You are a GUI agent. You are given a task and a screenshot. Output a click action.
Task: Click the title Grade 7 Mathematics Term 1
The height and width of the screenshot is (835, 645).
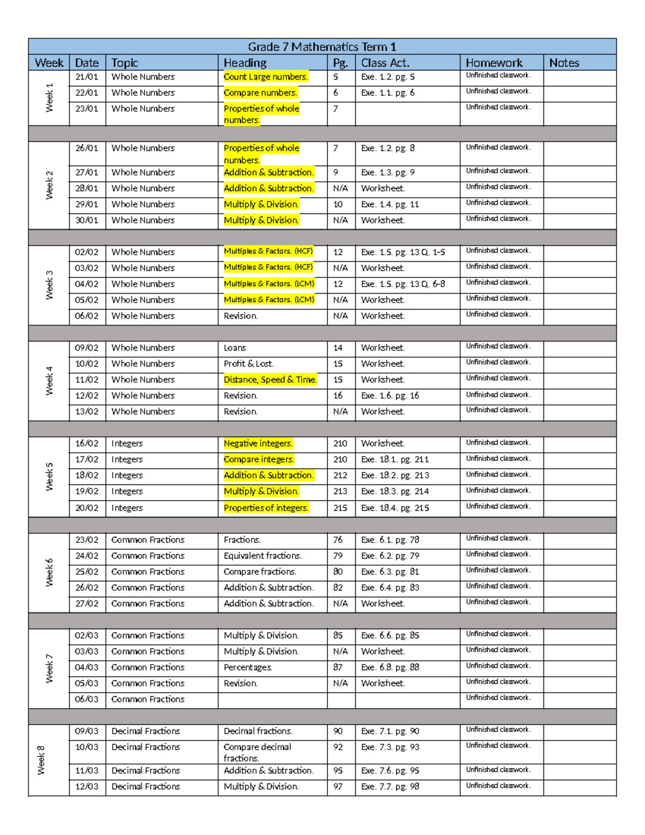[x=322, y=47]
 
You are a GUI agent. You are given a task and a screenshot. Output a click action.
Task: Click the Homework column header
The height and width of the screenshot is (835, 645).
[x=493, y=63]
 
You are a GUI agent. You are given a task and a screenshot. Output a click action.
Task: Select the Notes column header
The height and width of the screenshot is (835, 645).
[x=564, y=63]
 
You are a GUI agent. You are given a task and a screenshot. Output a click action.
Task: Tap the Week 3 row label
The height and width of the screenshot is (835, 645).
[x=49, y=285]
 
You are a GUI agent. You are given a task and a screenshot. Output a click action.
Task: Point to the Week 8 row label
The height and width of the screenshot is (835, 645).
[x=41, y=760]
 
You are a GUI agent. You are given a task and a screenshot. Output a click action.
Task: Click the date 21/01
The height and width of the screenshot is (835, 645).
[x=87, y=77]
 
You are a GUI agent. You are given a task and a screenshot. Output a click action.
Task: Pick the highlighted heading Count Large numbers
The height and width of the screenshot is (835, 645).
[x=266, y=77]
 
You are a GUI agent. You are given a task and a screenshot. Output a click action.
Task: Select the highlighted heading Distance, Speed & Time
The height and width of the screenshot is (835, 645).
[x=270, y=380]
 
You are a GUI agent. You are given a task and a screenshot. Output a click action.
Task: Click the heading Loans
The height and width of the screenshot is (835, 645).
[x=235, y=348]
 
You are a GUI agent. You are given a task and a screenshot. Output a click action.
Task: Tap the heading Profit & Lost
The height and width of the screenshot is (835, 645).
[x=248, y=364]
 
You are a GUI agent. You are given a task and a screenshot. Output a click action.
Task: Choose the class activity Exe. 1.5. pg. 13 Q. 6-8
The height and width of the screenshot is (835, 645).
[x=403, y=284]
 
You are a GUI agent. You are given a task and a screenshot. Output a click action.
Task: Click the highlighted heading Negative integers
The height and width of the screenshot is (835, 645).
[x=258, y=444]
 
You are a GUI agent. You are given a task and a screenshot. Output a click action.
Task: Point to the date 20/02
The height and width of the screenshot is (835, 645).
[x=87, y=508]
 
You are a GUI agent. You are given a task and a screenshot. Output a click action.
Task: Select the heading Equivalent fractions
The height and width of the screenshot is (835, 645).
[x=262, y=556]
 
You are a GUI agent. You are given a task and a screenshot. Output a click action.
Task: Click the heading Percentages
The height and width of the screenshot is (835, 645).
[x=248, y=667]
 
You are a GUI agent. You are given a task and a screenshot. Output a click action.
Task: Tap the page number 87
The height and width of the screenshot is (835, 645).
[x=338, y=667]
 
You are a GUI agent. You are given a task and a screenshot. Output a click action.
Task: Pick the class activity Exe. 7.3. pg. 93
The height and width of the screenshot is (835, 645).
[x=390, y=747]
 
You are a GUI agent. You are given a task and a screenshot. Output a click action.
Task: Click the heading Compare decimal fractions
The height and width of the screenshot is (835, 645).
[x=257, y=752]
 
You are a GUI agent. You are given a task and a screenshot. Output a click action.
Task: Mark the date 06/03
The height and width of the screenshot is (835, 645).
[x=87, y=699]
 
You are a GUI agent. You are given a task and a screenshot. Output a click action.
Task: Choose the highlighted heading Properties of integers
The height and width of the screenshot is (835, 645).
[x=266, y=508]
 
